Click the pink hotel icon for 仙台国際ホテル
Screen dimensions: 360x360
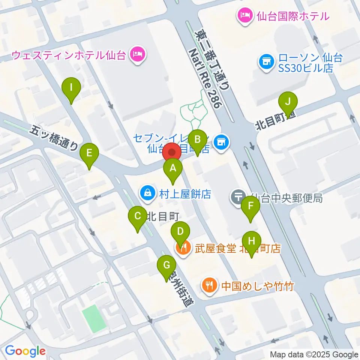(x=244, y=16)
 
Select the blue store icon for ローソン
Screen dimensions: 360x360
(x=266, y=61)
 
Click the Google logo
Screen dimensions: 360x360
(x=25, y=351)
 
